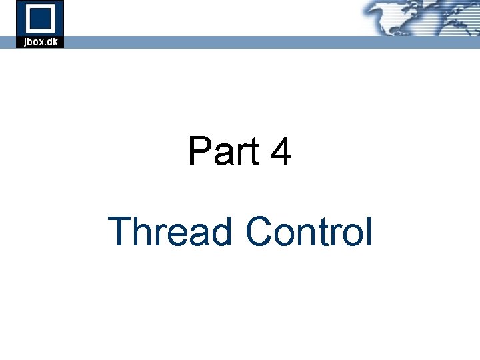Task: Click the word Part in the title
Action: [x=224, y=151]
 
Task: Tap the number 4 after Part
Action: [x=281, y=151]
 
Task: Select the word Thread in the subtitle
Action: [x=170, y=232]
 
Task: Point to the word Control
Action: [x=308, y=232]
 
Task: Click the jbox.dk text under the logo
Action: [x=40, y=41]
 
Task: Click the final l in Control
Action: [x=368, y=232]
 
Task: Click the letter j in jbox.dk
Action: [x=25, y=42]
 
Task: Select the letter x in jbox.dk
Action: [x=41, y=42]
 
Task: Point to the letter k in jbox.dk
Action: [x=56, y=41]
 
